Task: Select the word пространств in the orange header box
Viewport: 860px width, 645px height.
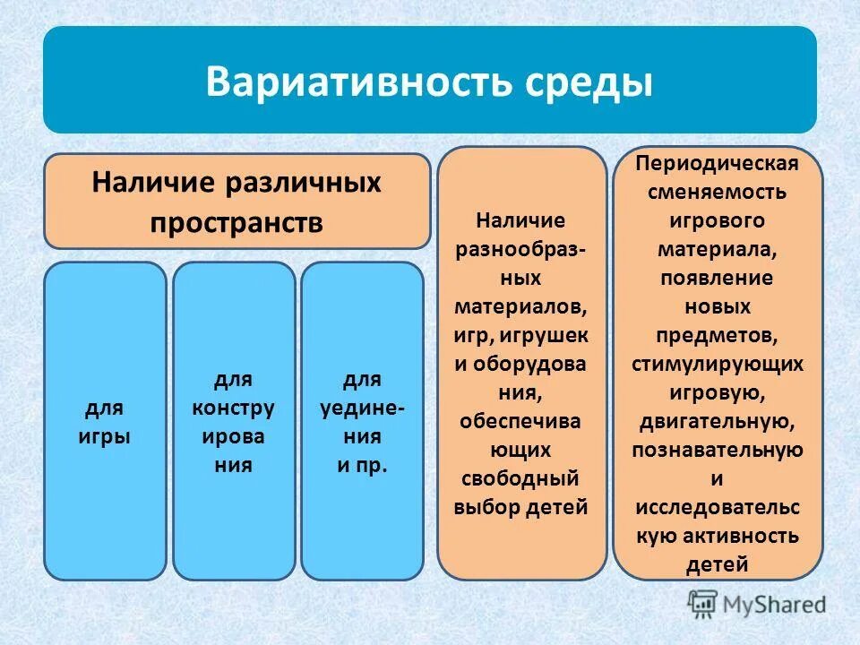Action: (237, 222)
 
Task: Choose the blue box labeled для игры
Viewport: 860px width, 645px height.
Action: (106, 421)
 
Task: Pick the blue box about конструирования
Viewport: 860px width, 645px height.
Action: (233, 421)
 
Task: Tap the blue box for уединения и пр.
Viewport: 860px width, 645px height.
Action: (362, 421)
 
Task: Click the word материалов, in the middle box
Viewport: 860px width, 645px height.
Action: (521, 305)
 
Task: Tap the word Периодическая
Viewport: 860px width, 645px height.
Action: (717, 164)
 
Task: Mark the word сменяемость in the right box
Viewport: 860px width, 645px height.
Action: (717, 192)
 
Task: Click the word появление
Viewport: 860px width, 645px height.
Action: (717, 278)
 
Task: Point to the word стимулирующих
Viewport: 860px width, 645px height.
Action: (717, 364)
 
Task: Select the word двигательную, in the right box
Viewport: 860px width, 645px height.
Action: (717, 421)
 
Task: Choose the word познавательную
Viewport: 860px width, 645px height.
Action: (717, 450)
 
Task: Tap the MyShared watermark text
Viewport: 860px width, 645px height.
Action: (778, 605)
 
